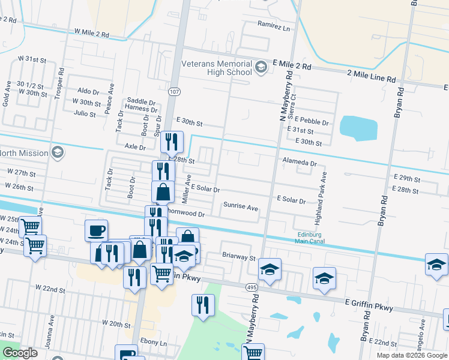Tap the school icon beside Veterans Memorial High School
point(261,67)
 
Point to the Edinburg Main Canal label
point(310,238)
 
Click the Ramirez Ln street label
point(274,28)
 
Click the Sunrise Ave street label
point(240,206)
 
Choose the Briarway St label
point(239,259)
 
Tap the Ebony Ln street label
point(155,343)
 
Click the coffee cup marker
point(97,230)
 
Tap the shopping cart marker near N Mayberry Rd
point(253,352)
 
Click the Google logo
point(20,353)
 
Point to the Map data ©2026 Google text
point(412,355)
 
